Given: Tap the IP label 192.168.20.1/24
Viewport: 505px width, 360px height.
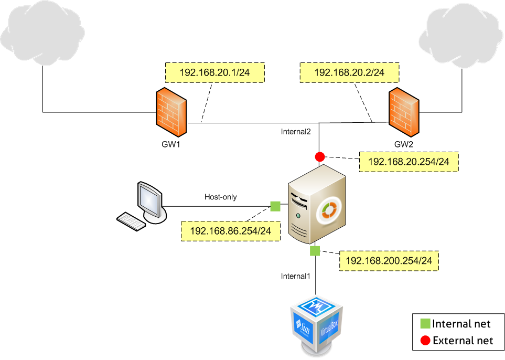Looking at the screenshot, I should [215, 73].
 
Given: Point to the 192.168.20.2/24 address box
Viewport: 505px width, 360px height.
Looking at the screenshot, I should [349, 73].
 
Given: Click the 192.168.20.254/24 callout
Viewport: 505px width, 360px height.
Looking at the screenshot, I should [409, 162].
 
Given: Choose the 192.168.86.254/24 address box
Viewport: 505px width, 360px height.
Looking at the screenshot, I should [230, 231].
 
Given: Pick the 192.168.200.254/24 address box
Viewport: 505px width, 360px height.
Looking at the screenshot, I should [389, 260].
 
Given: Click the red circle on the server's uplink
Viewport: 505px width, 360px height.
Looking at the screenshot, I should [319, 156].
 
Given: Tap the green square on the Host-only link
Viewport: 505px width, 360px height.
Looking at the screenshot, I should [274, 206].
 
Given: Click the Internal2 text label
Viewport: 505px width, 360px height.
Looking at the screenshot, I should [296, 132].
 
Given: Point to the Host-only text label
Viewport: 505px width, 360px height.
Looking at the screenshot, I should [220, 197].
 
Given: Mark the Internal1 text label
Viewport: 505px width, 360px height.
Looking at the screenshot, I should [296, 276].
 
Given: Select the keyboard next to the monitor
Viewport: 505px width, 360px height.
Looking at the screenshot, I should [131, 220].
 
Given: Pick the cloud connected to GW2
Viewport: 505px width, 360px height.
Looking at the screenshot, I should [461, 34].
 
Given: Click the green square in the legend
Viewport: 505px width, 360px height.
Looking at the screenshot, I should [425, 324].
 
